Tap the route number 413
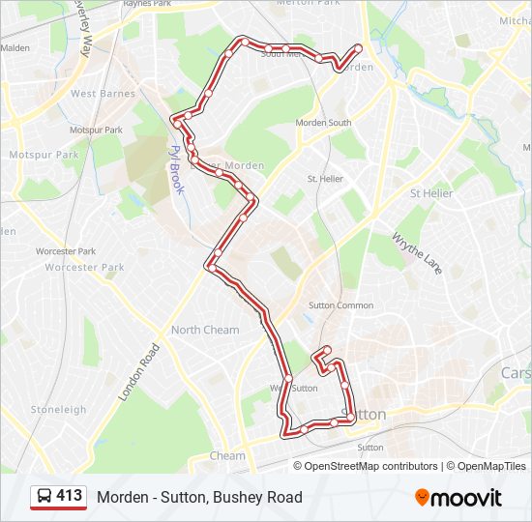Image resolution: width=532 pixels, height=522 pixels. (x=70, y=496)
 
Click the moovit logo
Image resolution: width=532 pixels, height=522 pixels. (x=458, y=498)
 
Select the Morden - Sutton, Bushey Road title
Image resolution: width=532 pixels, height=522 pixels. (x=199, y=497)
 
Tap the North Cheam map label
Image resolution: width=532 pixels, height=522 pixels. (x=205, y=330)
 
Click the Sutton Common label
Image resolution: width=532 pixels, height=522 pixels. (x=340, y=305)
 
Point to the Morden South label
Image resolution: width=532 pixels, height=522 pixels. (x=323, y=123)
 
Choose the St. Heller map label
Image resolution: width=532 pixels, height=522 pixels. (x=325, y=179)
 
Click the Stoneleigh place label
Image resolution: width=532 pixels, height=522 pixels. (x=59, y=409)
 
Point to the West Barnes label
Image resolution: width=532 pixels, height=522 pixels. (x=103, y=94)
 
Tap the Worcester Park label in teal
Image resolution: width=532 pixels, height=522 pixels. (x=84, y=267)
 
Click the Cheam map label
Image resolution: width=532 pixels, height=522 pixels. (x=228, y=455)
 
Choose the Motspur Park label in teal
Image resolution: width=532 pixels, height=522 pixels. (x=44, y=155)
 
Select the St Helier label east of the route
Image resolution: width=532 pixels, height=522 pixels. (x=431, y=193)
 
